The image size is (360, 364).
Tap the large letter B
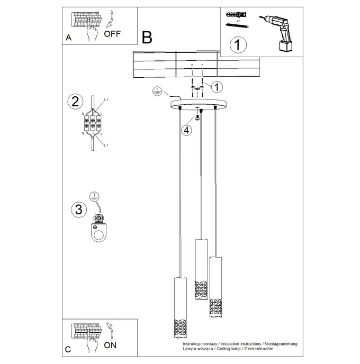tap(147, 37)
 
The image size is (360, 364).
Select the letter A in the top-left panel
tap(69, 39)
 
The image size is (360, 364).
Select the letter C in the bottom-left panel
tap(68, 349)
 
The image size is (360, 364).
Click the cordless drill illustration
tap(279, 33)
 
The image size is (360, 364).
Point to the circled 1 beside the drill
tap(238, 45)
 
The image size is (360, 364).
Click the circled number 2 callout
tap(75, 102)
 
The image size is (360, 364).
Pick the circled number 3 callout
tap(77, 208)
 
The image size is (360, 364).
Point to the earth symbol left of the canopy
tap(157, 91)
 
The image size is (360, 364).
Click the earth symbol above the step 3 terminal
tap(94, 196)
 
